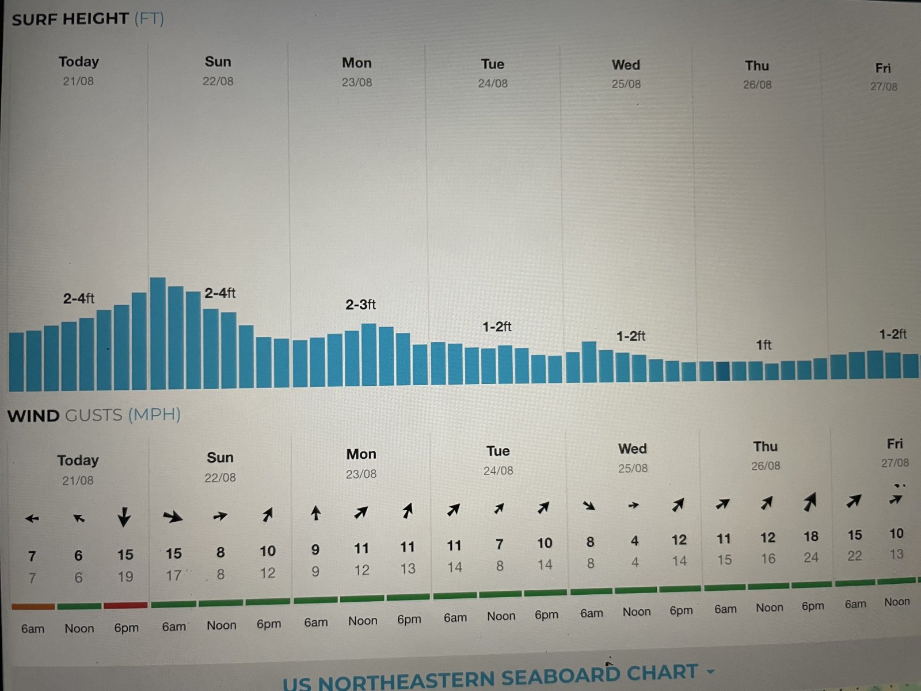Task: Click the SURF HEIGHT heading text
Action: click(70, 19)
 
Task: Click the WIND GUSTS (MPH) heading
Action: click(94, 415)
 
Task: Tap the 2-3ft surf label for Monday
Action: click(360, 305)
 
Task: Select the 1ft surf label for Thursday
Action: click(763, 345)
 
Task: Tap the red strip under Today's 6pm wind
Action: click(125, 605)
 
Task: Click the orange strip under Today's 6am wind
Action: click(33, 606)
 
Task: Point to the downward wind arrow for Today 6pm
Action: click(124, 517)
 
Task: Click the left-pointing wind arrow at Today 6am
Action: click(32, 519)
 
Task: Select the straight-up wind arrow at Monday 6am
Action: click(315, 512)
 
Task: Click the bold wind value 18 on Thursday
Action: click(810, 537)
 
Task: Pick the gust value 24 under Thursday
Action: click(810, 557)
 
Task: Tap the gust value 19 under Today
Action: click(125, 576)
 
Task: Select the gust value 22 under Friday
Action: click(855, 556)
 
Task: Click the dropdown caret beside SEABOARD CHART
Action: click(710, 671)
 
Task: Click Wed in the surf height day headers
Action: click(626, 65)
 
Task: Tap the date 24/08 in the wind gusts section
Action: click(498, 471)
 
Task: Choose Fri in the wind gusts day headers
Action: click(895, 444)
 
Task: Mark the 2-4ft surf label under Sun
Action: click(220, 293)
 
